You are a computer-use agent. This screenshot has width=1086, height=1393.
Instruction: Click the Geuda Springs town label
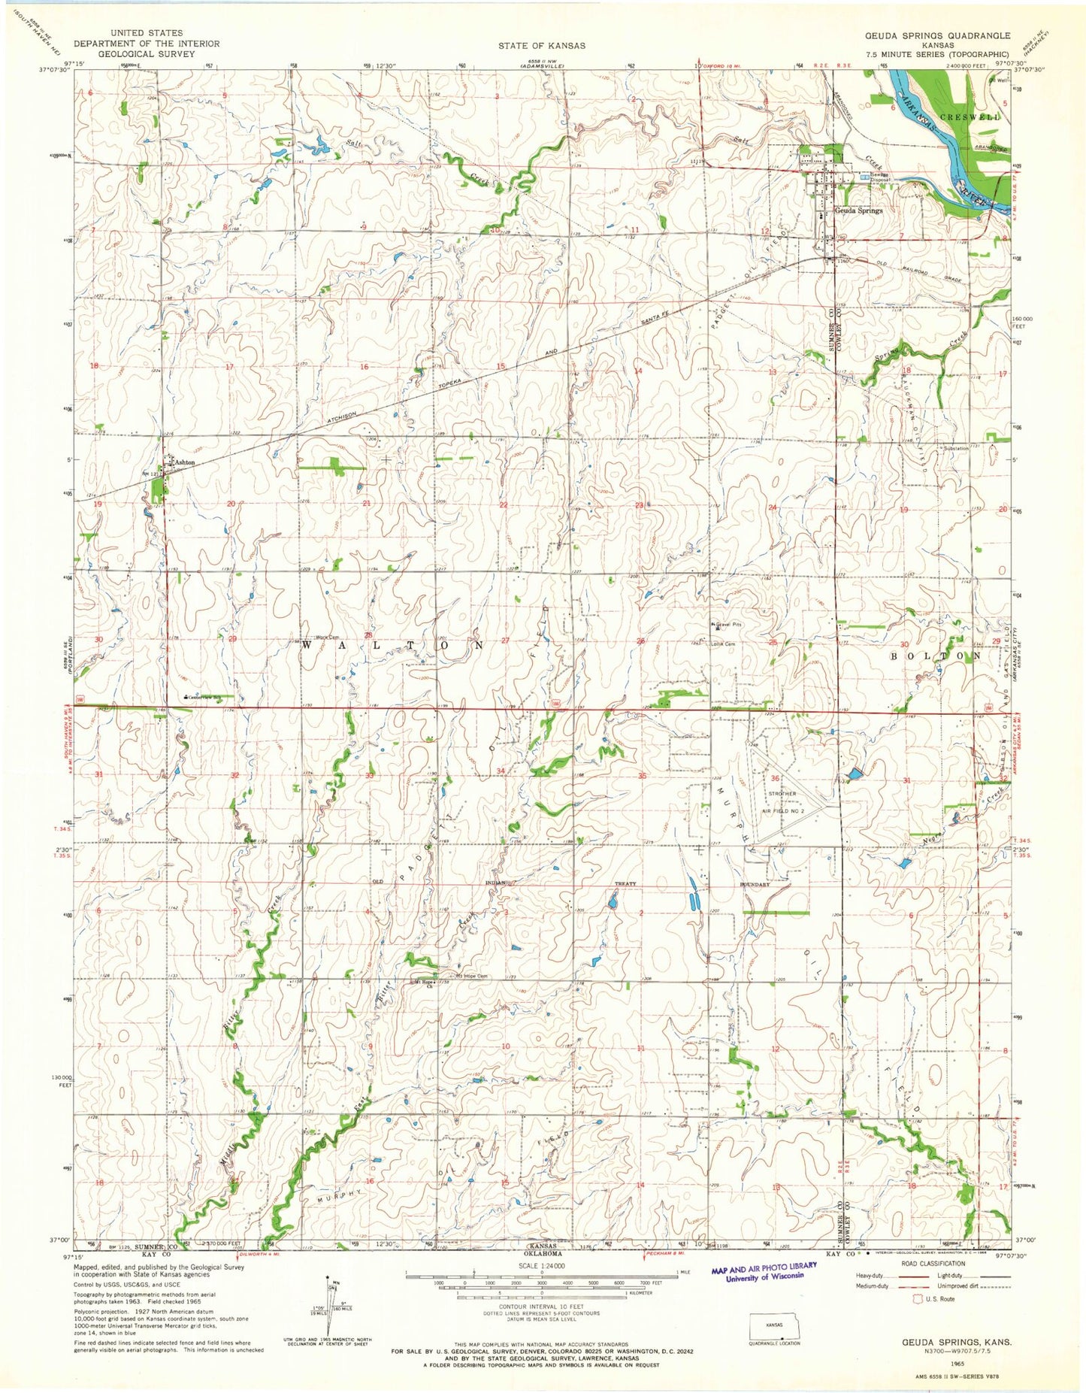(859, 211)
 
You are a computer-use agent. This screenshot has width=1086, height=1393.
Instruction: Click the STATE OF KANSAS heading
(541, 46)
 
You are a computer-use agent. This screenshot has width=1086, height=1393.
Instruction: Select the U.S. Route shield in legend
(917, 1298)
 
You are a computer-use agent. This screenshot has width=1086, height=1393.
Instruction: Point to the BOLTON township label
(936, 656)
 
